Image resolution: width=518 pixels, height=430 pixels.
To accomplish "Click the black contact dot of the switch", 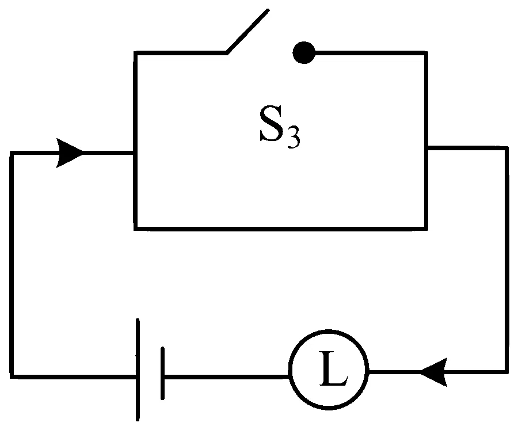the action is (304, 52).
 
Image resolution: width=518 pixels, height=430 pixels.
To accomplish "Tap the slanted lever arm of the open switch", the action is (247, 31).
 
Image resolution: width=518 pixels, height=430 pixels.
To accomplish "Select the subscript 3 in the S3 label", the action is (294, 138).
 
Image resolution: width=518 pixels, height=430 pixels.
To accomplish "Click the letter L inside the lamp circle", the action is (333, 368).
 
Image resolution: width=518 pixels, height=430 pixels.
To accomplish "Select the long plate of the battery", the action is (138, 370).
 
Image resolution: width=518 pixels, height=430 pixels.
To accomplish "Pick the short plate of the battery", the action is (162, 373).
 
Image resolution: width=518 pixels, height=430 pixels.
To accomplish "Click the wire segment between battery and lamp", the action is (226, 376).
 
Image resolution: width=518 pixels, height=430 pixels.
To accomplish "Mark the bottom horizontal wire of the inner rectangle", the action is (281, 229).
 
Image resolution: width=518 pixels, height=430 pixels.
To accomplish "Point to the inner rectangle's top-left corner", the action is (135, 53).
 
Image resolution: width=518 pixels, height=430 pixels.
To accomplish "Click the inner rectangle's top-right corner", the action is (426, 53).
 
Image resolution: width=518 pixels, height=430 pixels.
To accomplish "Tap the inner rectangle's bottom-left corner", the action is (135, 229).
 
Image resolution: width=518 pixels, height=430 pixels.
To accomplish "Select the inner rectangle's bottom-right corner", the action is (426, 229).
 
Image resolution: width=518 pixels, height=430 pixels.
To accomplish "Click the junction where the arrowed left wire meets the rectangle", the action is (135, 153).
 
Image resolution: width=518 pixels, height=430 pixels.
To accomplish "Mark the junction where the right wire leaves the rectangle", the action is (426, 148).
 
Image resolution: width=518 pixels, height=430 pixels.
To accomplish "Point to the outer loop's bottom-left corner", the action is (12, 376).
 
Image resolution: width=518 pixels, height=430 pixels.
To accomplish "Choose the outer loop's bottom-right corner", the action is (506, 372).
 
